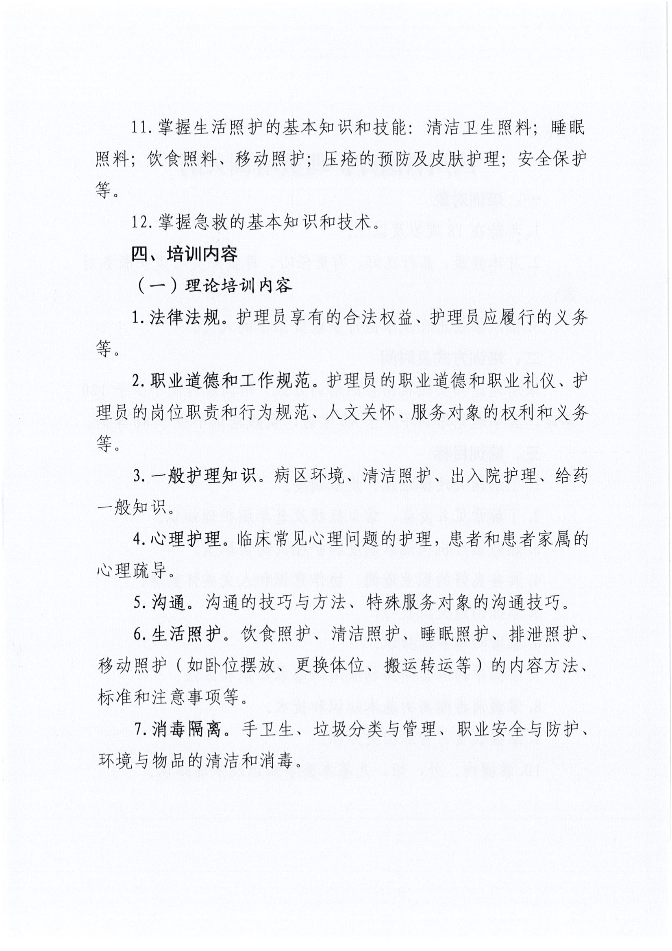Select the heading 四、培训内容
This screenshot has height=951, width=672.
184,253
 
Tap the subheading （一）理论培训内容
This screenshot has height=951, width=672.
214,286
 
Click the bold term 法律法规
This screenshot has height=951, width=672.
185,318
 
